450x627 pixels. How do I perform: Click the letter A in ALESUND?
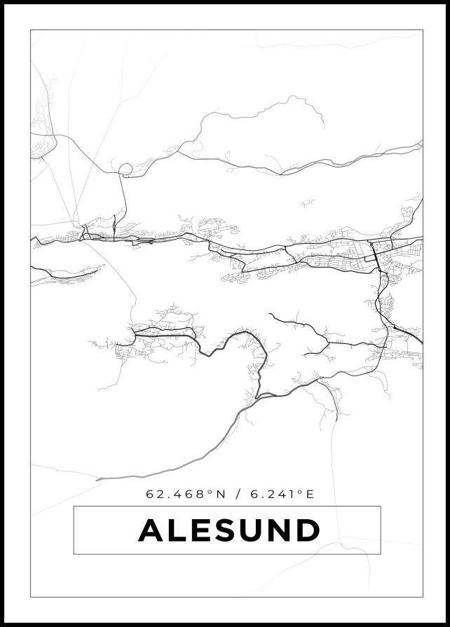click(152, 530)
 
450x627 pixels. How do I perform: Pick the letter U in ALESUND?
click(252, 530)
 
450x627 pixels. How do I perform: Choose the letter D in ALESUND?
click(308, 530)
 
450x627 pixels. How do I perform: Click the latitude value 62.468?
click(175, 494)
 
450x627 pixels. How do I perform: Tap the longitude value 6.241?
click(273, 494)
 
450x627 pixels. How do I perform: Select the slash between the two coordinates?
click(239, 494)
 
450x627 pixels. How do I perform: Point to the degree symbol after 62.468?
click(210, 491)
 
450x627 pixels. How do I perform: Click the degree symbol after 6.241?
click(300, 491)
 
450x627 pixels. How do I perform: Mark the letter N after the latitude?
click(221, 494)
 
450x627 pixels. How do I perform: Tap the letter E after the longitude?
click(311, 494)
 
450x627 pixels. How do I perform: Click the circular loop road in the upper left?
click(125, 169)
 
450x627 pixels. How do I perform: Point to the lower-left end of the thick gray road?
click(98, 479)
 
